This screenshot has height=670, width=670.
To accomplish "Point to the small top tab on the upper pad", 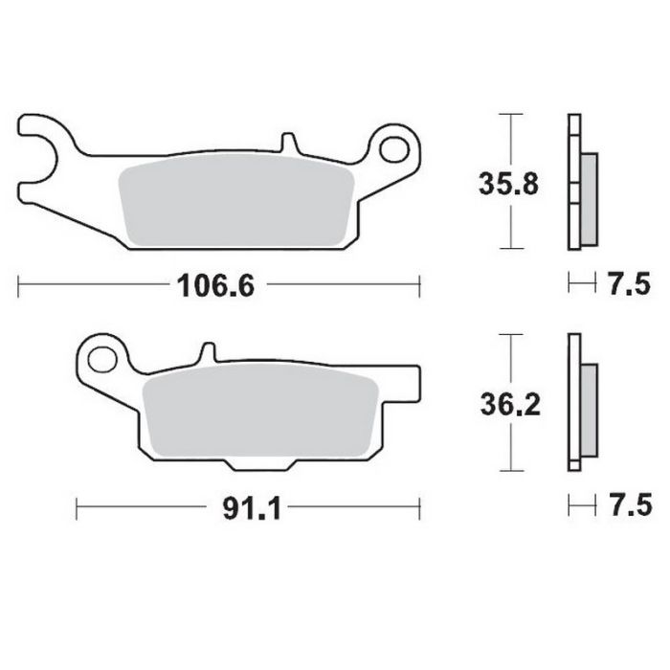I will coord(288,144).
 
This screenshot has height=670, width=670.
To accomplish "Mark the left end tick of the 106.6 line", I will coord(20,284).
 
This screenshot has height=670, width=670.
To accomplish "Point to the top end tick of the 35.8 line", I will coord(513,114).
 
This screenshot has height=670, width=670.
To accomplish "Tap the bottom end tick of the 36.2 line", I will coord(513,472).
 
